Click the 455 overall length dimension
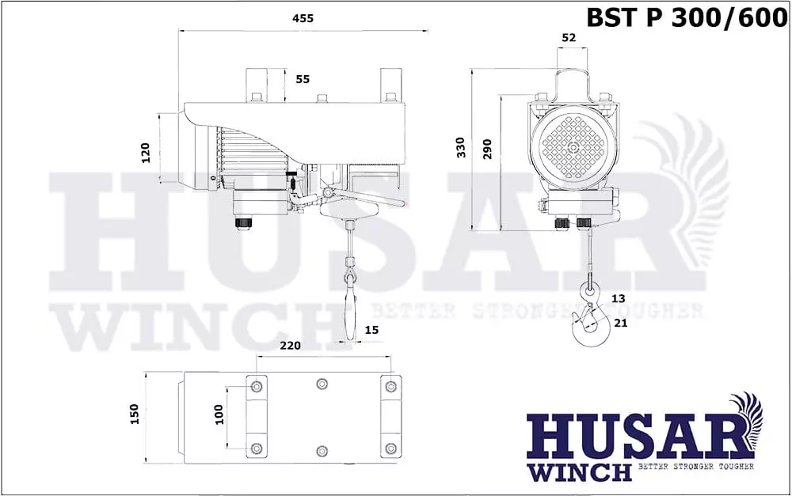pyautogui.click(x=303, y=19)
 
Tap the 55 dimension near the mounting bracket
pyautogui.click(x=303, y=79)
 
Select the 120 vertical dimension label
pyautogui.click(x=146, y=153)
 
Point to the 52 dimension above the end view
pyautogui.click(x=569, y=37)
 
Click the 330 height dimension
pyautogui.click(x=461, y=147)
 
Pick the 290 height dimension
pyautogui.click(x=487, y=150)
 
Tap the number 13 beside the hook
pyautogui.click(x=619, y=298)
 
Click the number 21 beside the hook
pyautogui.click(x=620, y=323)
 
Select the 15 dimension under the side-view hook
pyautogui.click(x=371, y=330)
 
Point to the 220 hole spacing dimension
pyautogui.click(x=291, y=346)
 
